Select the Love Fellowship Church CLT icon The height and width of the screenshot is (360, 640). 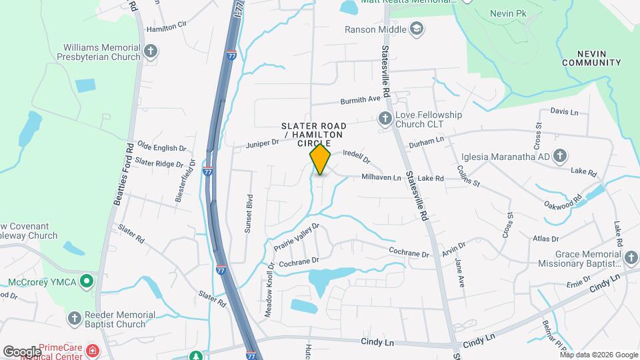click(385, 119)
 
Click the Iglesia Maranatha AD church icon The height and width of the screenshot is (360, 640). click(559, 157)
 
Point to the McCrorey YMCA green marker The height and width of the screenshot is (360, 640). click(85, 282)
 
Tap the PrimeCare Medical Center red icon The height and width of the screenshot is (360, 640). click(92, 350)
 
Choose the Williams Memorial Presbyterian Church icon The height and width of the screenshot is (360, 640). click(151, 50)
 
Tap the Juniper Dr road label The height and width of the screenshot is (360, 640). click(262, 143)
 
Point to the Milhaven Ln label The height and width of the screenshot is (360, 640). click(381, 178)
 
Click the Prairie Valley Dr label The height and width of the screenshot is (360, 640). click(297, 237)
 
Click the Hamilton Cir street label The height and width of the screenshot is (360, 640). click(166, 28)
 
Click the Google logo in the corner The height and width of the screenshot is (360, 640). click(22, 351)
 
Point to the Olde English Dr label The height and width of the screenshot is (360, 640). click(157, 147)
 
